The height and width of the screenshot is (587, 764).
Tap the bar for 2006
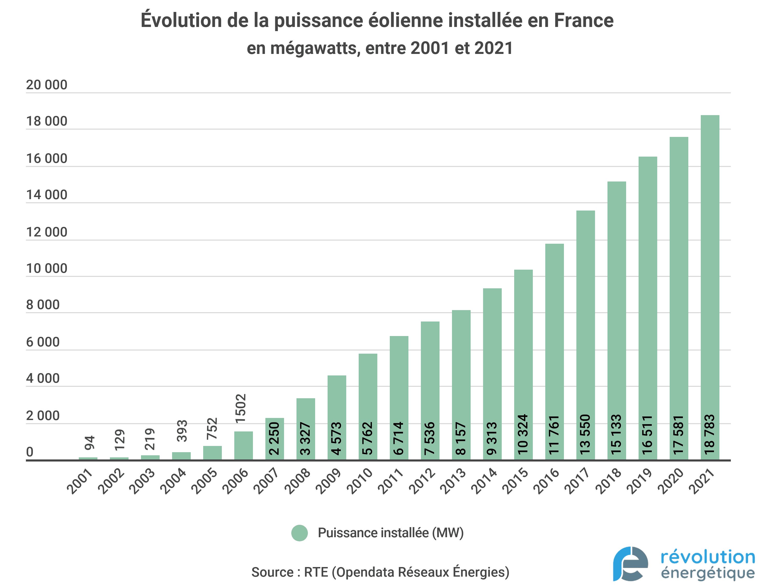point(243,445)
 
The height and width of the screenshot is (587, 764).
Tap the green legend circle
point(299,533)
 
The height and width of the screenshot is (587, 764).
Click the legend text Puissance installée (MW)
point(390,533)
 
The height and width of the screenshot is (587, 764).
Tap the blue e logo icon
point(630,564)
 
